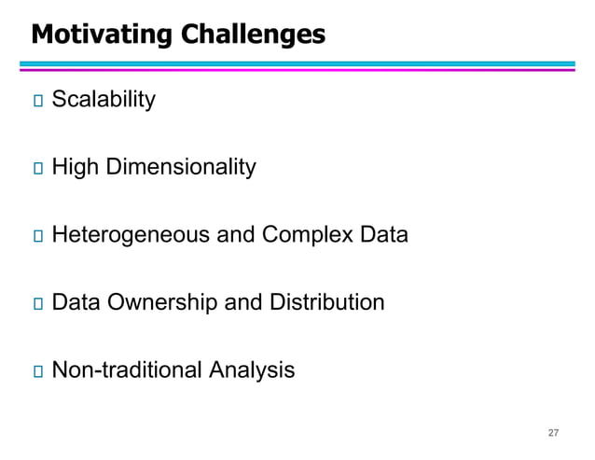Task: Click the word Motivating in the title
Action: (102, 35)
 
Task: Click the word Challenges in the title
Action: (253, 35)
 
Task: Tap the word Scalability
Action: (103, 100)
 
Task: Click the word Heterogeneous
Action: (131, 235)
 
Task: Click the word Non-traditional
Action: (126, 370)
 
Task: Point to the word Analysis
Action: (252, 370)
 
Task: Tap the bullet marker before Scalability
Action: (37, 101)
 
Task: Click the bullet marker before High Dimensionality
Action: (37, 169)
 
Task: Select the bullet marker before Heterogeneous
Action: (37, 236)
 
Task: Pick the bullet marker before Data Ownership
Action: (37, 304)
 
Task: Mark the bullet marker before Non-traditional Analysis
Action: (37, 371)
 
